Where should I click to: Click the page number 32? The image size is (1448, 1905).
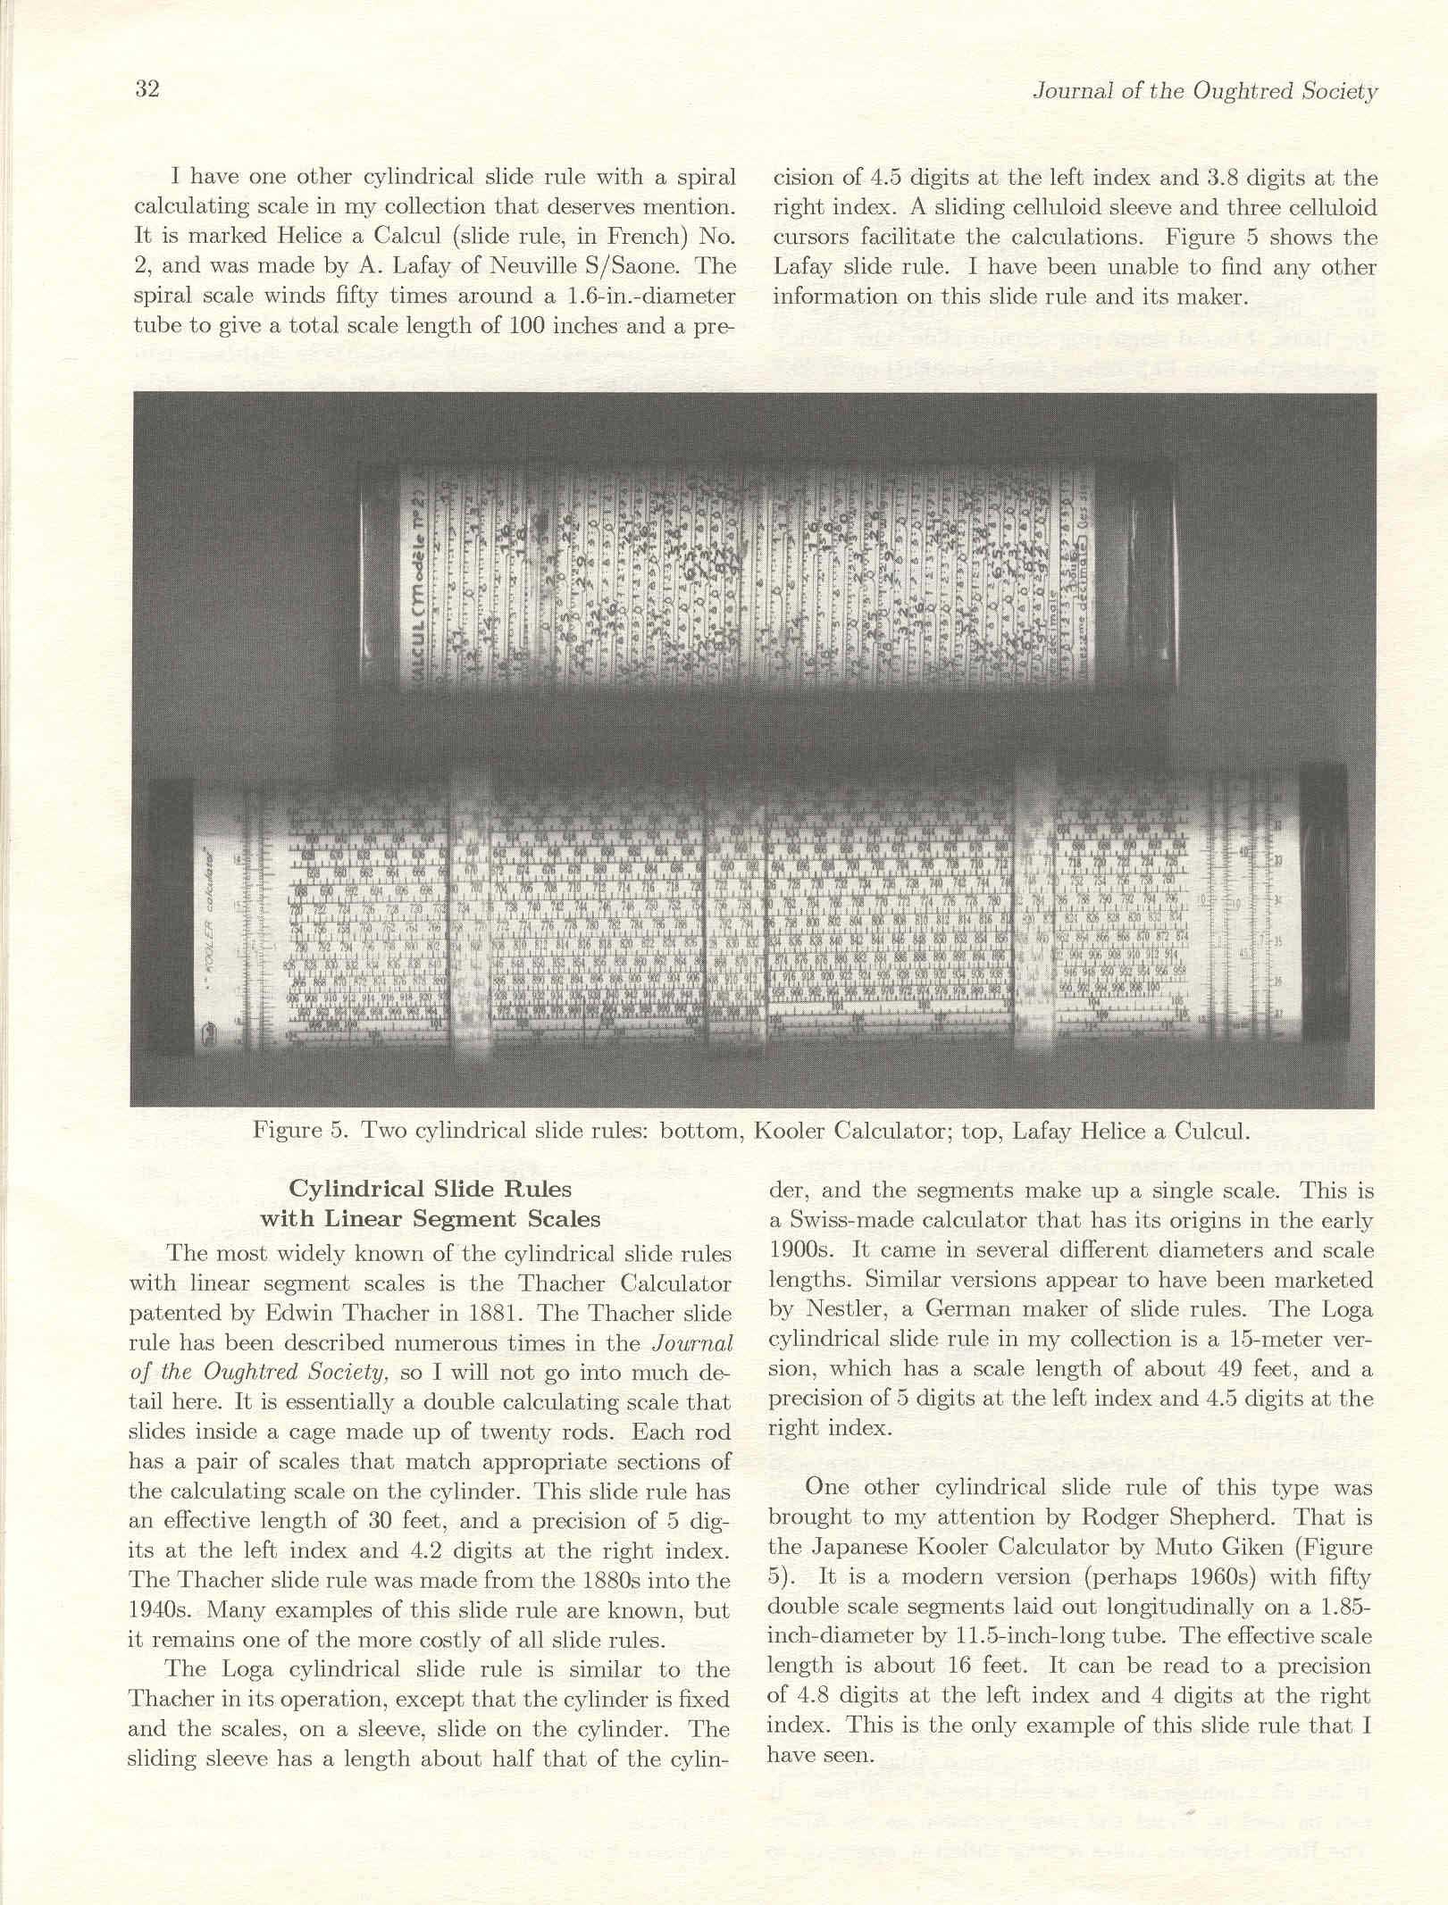146,89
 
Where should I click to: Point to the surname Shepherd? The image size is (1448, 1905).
1226,1516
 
